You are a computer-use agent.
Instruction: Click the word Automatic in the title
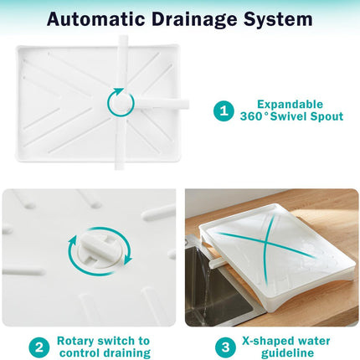(x=95, y=19)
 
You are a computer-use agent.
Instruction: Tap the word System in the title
(x=279, y=19)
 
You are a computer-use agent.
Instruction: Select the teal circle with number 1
(x=224, y=111)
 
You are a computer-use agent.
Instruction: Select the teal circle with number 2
(x=39, y=347)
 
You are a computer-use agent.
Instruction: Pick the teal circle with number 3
(x=225, y=347)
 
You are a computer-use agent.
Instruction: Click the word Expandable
(x=290, y=105)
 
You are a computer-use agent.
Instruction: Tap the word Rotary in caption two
(x=76, y=341)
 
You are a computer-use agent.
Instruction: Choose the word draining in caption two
(x=127, y=353)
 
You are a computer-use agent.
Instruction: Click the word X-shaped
(x=268, y=342)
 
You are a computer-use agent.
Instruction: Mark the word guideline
(x=287, y=353)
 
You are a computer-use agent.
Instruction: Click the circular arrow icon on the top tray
(x=121, y=102)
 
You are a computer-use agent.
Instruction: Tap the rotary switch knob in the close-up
(x=100, y=249)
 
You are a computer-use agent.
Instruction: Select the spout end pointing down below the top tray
(x=121, y=165)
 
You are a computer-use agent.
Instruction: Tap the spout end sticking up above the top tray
(x=123, y=40)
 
